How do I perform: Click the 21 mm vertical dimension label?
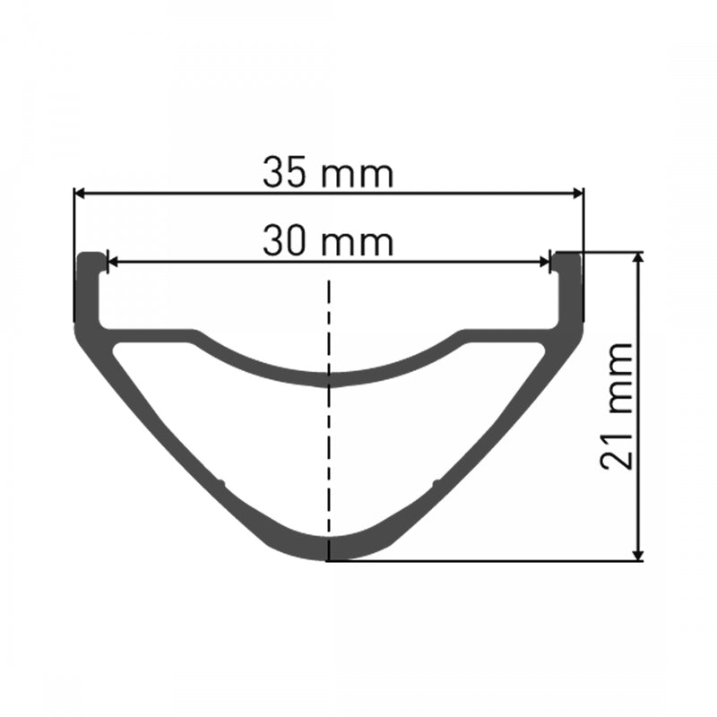pyautogui.click(x=618, y=405)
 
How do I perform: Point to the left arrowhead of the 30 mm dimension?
pyautogui.click(x=112, y=263)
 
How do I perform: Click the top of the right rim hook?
pyautogui.click(x=567, y=255)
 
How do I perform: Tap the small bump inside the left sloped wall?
pyautogui.click(x=219, y=485)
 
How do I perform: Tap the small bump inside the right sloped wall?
pyautogui.click(x=436, y=485)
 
